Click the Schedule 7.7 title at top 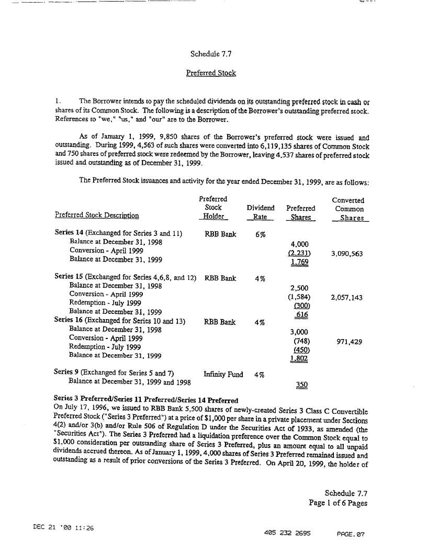[211, 53]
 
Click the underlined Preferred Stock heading [211, 73]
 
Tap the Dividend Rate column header [260, 212]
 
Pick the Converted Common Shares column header [349, 209]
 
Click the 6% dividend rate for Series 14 [260, 234]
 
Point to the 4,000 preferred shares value [299, 244]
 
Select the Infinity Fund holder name [223, 375]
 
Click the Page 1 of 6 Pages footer [338, 503]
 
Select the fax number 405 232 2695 [288, 534]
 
